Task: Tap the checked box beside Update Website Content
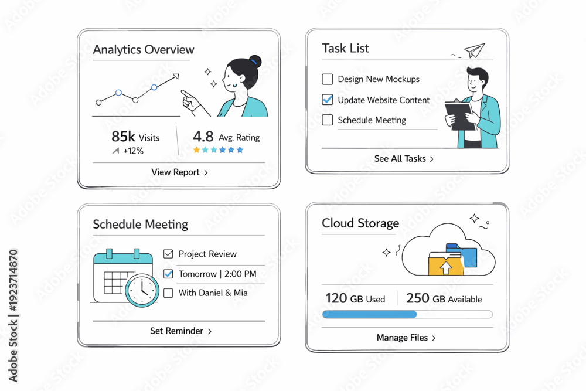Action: tap(328, 100)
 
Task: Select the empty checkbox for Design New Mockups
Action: tap(328, 79)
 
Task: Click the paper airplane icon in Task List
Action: tap(475, 50)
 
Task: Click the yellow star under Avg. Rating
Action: tap(196, 150)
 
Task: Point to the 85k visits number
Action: tap(123, 137)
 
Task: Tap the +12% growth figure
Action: tap(134, 151)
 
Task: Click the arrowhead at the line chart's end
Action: tap(176, 76)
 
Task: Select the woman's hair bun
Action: tap(256, 62)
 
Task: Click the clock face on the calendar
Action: tap(142, 290)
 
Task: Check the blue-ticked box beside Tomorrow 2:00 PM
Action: tap(169, 274)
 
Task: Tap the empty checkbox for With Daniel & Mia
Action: tap(169, 293)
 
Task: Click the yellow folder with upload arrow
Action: tap(446, 264)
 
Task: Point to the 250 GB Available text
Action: tap(444, 298)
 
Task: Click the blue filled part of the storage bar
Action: tap(370, 314)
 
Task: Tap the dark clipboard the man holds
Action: tap(461, 116)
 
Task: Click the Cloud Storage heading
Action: tap(360, 223)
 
